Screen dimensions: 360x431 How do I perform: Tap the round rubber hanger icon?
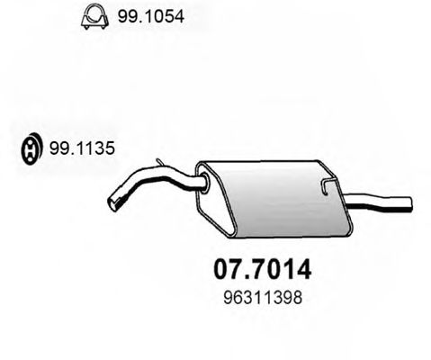coord(29,149)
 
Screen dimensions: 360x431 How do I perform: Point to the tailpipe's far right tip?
coord(409,199)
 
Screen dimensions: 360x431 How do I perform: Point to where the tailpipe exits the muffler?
coord(347,199)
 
